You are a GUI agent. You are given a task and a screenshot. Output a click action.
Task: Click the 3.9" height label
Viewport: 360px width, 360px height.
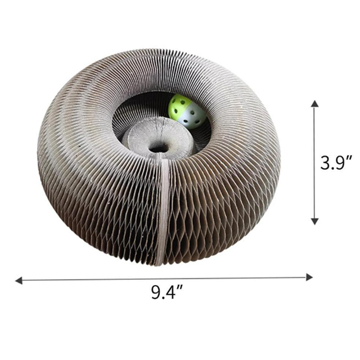coord(336,163)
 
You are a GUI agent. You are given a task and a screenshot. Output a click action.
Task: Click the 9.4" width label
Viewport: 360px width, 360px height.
coord(167,292)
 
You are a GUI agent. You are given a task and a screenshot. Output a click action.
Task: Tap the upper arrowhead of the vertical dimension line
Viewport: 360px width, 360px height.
coord(315,104)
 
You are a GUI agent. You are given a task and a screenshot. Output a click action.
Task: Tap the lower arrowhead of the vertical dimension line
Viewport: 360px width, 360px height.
coord(315,221)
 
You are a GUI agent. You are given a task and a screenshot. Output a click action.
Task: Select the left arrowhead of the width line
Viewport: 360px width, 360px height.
coord(19,280)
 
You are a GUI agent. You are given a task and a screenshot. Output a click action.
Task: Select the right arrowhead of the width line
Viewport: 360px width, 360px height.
coord(309,277)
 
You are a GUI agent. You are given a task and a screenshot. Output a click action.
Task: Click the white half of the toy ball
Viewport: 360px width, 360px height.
coord(191,117)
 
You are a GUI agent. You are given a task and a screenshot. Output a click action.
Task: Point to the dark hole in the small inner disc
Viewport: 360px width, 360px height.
coord(158,149)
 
